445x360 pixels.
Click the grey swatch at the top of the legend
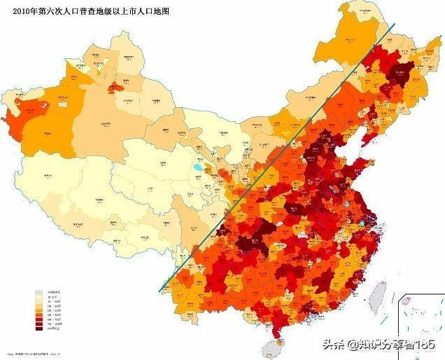(x=40, y=291)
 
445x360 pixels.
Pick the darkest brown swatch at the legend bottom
(x=40, y=329)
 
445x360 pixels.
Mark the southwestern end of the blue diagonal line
(x=160, y=291)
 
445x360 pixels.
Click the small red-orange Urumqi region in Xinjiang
(x=114, y=89)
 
